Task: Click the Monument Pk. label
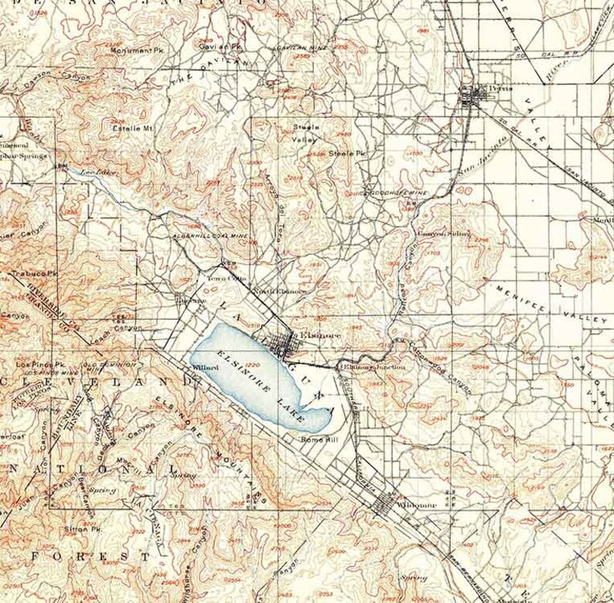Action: pos(135,50)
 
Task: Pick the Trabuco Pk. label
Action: pos(30,273)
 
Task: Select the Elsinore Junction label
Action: pos(372,366)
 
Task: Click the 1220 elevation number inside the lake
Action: pos(251,365)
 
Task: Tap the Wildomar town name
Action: pos(416,505)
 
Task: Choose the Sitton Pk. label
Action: pos(86,530)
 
